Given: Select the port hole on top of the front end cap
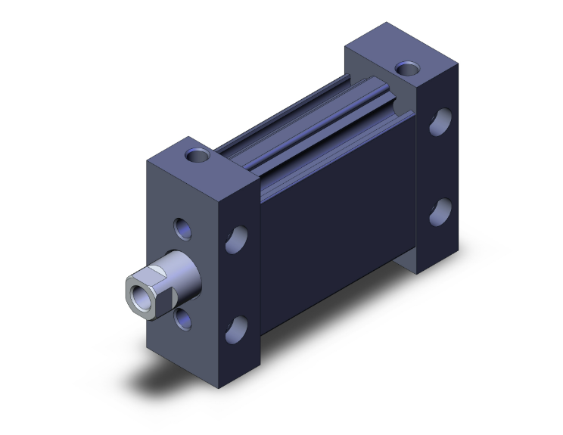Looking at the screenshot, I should point(198,157).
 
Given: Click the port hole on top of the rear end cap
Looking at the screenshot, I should point(408,69).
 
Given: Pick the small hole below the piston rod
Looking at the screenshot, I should point(183,319).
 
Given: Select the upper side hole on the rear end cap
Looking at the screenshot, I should point(441,122).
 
